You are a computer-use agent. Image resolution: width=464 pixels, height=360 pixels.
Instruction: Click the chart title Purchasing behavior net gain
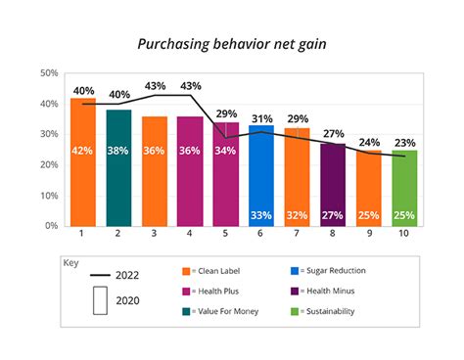(x=232, y=44)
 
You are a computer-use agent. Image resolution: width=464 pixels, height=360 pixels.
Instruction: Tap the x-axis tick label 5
(x=225, y=236)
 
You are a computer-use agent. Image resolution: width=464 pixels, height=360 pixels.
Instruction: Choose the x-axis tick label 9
(x=369, y=236)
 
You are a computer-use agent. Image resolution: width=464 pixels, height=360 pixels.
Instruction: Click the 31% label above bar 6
(x=260, y=118)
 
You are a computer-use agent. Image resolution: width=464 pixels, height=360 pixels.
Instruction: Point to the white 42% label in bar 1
(x=82, y=151)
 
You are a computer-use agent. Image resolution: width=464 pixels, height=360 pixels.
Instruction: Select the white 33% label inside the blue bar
(x=260, y=215)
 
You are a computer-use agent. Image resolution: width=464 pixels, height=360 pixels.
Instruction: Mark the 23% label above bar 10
(x=404, y=142)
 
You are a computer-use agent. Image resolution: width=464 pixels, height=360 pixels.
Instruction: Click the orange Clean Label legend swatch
(x=188, y=271)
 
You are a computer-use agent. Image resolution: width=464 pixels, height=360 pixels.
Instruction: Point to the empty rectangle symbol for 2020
(x=99, y=301)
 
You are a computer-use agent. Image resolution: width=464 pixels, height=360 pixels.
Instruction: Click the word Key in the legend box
(x=70, y=263)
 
